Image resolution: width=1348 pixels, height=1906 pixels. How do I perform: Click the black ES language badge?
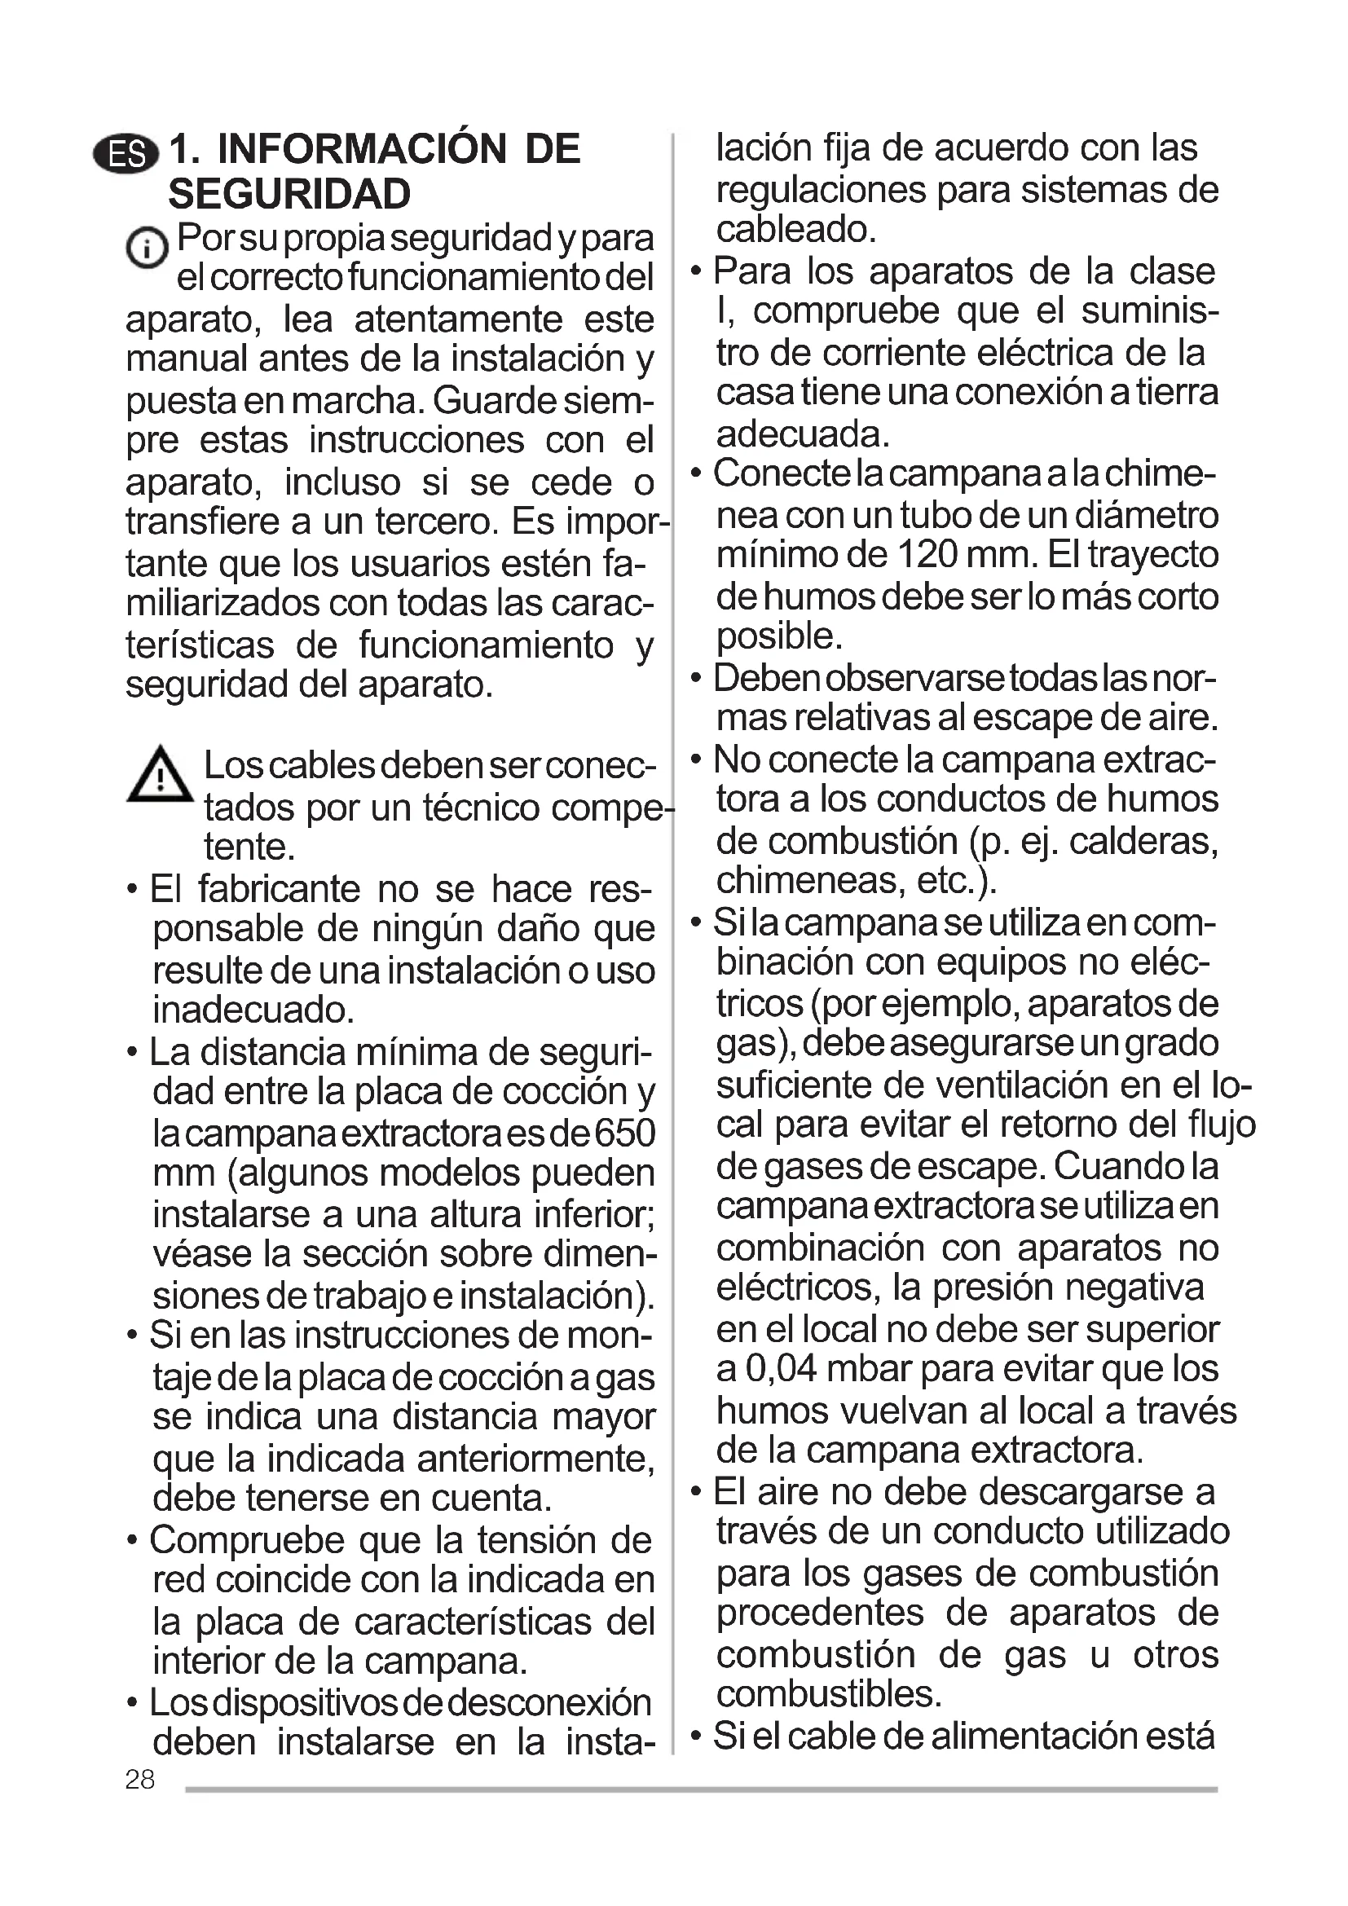click(x=126, y=154)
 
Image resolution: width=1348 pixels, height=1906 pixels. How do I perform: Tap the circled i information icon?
click(x=146, y=248)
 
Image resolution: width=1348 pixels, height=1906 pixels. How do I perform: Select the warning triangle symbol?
click(x=161, y=774)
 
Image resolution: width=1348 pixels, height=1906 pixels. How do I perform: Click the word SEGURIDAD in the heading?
click(x=289, y=194)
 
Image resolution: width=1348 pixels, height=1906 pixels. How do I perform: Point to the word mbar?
click(x=869, y=1369)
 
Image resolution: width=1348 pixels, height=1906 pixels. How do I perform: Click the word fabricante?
click(x=279, y=889)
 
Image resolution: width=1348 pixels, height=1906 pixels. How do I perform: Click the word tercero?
click(x=437, y=522)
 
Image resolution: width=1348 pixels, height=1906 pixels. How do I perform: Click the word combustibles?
click(x=827, y=1694)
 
